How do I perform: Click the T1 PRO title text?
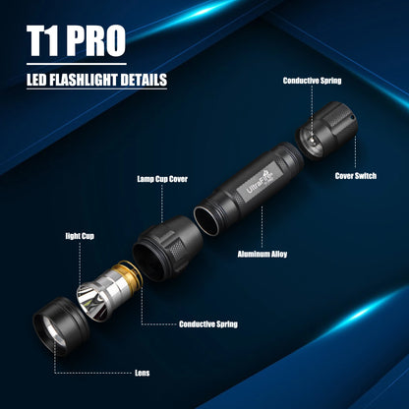pos(76,41)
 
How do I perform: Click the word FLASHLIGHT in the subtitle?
pos(83,80)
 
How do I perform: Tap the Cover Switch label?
pos(356,176)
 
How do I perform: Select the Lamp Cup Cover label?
pos(162,179)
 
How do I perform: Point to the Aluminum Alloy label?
pos(263,254)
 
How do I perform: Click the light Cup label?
pos(80,236)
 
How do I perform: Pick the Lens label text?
pos(143,373)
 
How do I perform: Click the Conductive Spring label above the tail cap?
pos(312,81)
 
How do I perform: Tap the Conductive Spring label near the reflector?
pos(208,324)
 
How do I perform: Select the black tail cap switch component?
pos(326,131)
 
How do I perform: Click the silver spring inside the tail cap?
pos(313,141)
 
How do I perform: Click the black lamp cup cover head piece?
pos(167,248)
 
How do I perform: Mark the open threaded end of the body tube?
pos(206,221)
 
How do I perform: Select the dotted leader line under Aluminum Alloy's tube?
pos(262,226)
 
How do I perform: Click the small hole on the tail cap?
pos(352,117)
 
